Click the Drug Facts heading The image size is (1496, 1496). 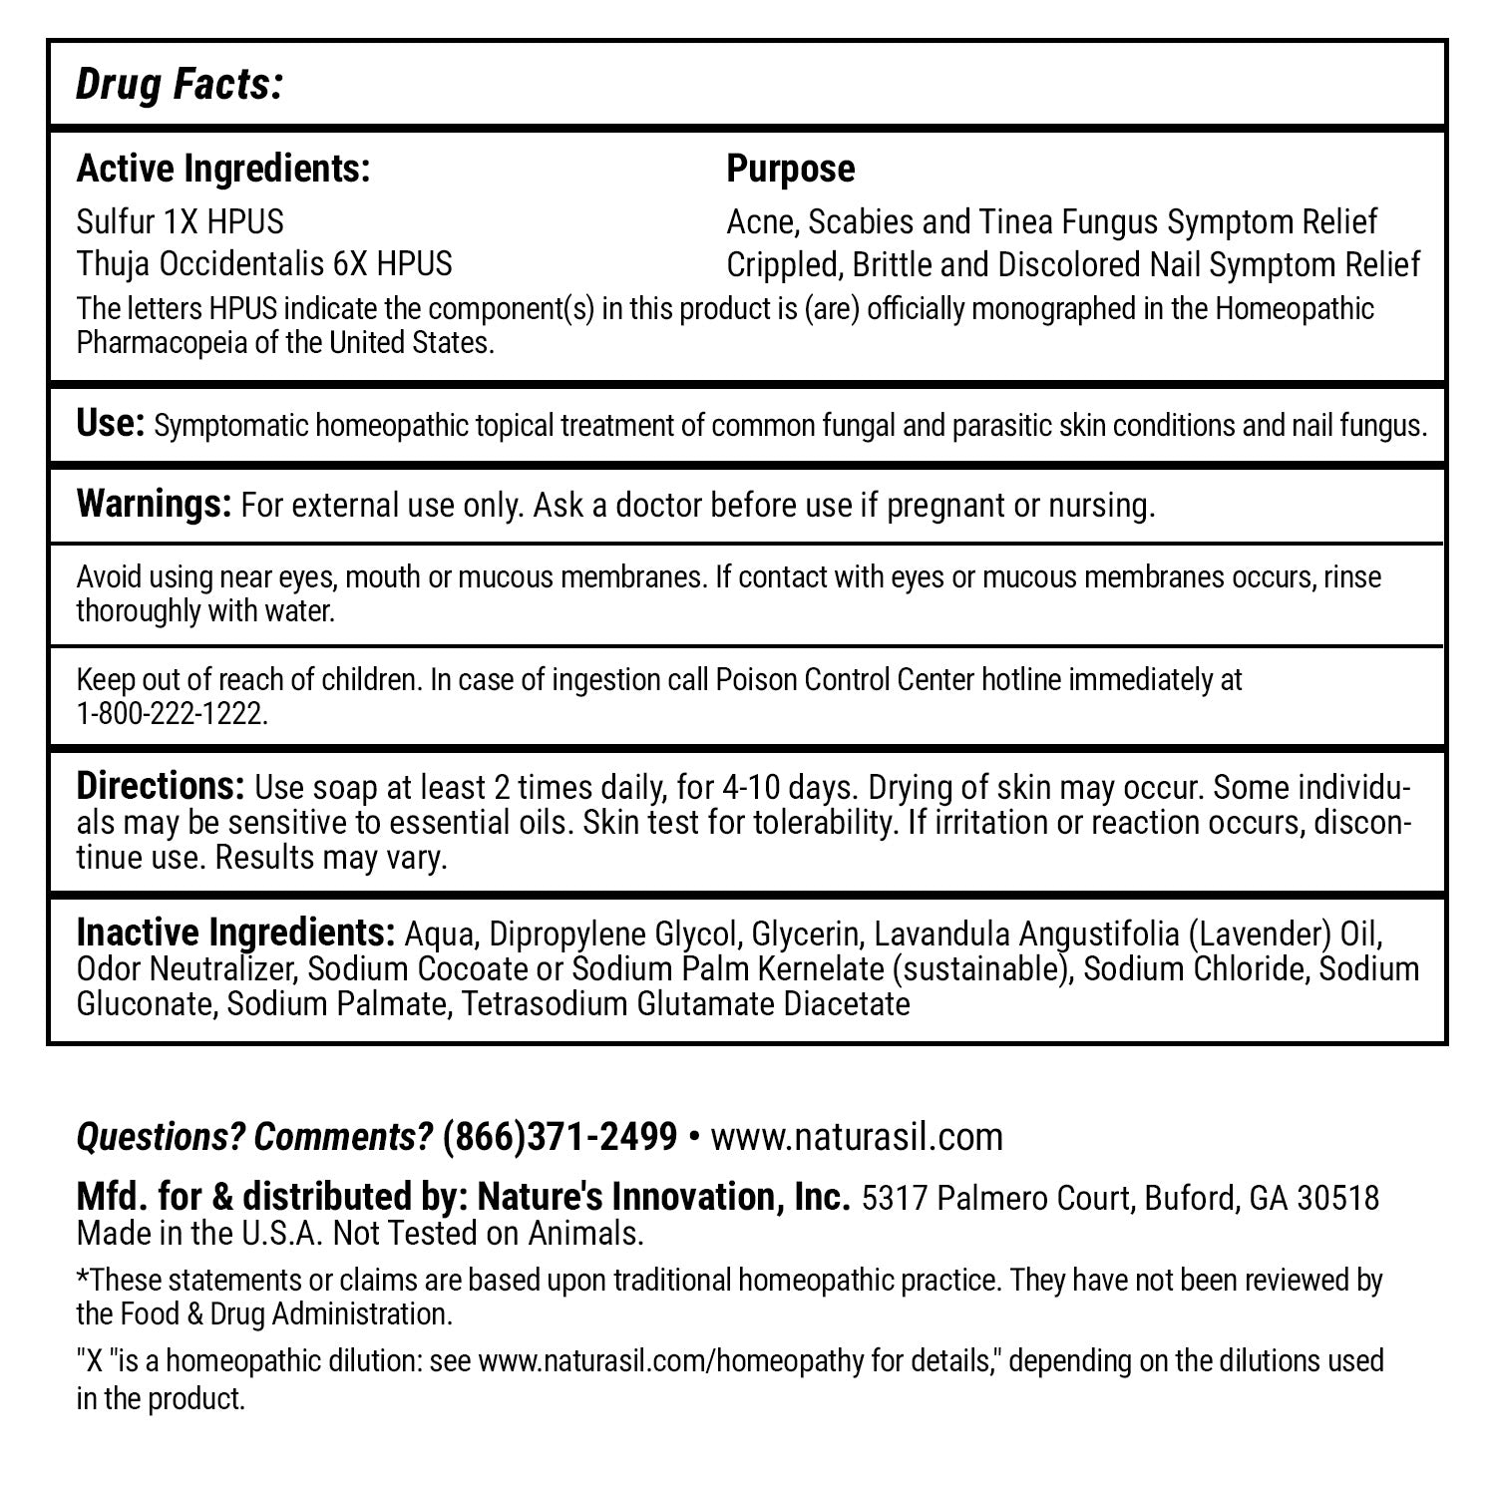click(x=180, y=86)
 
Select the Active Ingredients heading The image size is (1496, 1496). click(x=223, y=169)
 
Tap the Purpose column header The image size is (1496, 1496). click(x=790, y=169)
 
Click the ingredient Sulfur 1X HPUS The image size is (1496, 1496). click(x=181, y=220)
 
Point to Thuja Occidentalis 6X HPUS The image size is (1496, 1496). click(x=264, y=263)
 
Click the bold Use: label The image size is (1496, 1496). click(x=111, y=424)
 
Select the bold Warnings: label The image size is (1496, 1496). click(x=154, y=504)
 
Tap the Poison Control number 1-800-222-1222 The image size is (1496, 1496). click(x=172, y=714)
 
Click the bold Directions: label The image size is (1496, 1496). click(x=160, y=787)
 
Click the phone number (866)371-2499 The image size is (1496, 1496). click(x=560, y=1136)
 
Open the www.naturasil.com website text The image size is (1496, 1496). click(x=856, y=1137)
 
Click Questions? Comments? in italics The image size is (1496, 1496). click(x=254, y=1136)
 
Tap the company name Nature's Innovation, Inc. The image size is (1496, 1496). click(x=662, y=1197)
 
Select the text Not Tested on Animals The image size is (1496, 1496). click(x=488, y=1234)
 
